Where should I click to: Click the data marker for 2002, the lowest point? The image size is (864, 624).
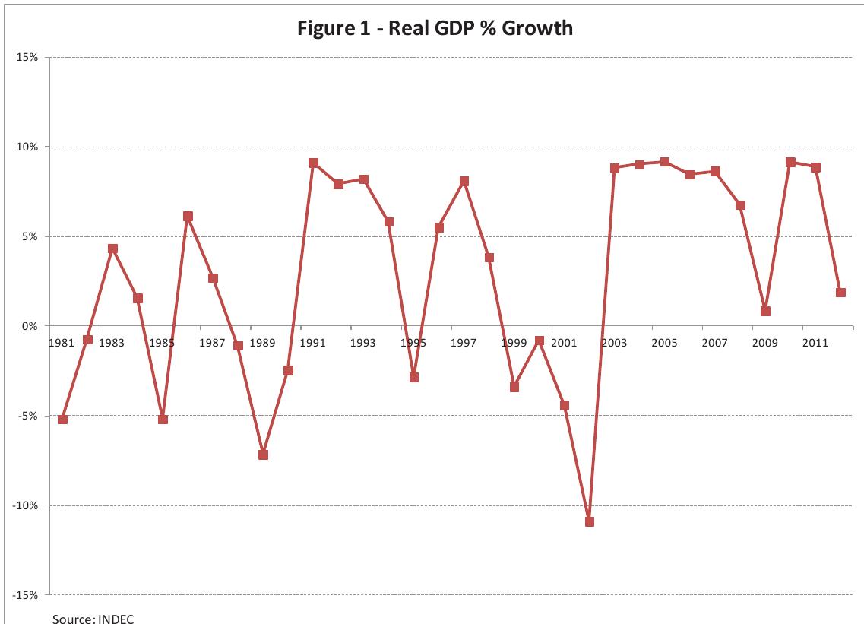(590, 521)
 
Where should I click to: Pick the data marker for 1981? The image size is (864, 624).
(62, 420)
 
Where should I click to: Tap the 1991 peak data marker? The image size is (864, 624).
(313, 163)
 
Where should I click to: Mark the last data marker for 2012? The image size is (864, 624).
(840, 293)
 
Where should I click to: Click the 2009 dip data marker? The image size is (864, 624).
(765, 311)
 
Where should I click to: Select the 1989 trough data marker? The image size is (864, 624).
(263, 455)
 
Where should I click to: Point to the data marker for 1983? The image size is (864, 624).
(112, 249)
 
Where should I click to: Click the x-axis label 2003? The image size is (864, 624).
(614, 343)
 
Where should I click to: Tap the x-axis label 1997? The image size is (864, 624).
(464, 343)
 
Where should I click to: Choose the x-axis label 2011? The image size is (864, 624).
(815, 343)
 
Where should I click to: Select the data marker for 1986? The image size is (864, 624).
(188, 216)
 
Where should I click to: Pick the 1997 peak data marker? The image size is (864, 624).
(464, 181)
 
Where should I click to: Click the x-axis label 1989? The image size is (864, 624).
(262, 343)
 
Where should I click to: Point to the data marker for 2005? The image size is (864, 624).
(665, 162)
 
